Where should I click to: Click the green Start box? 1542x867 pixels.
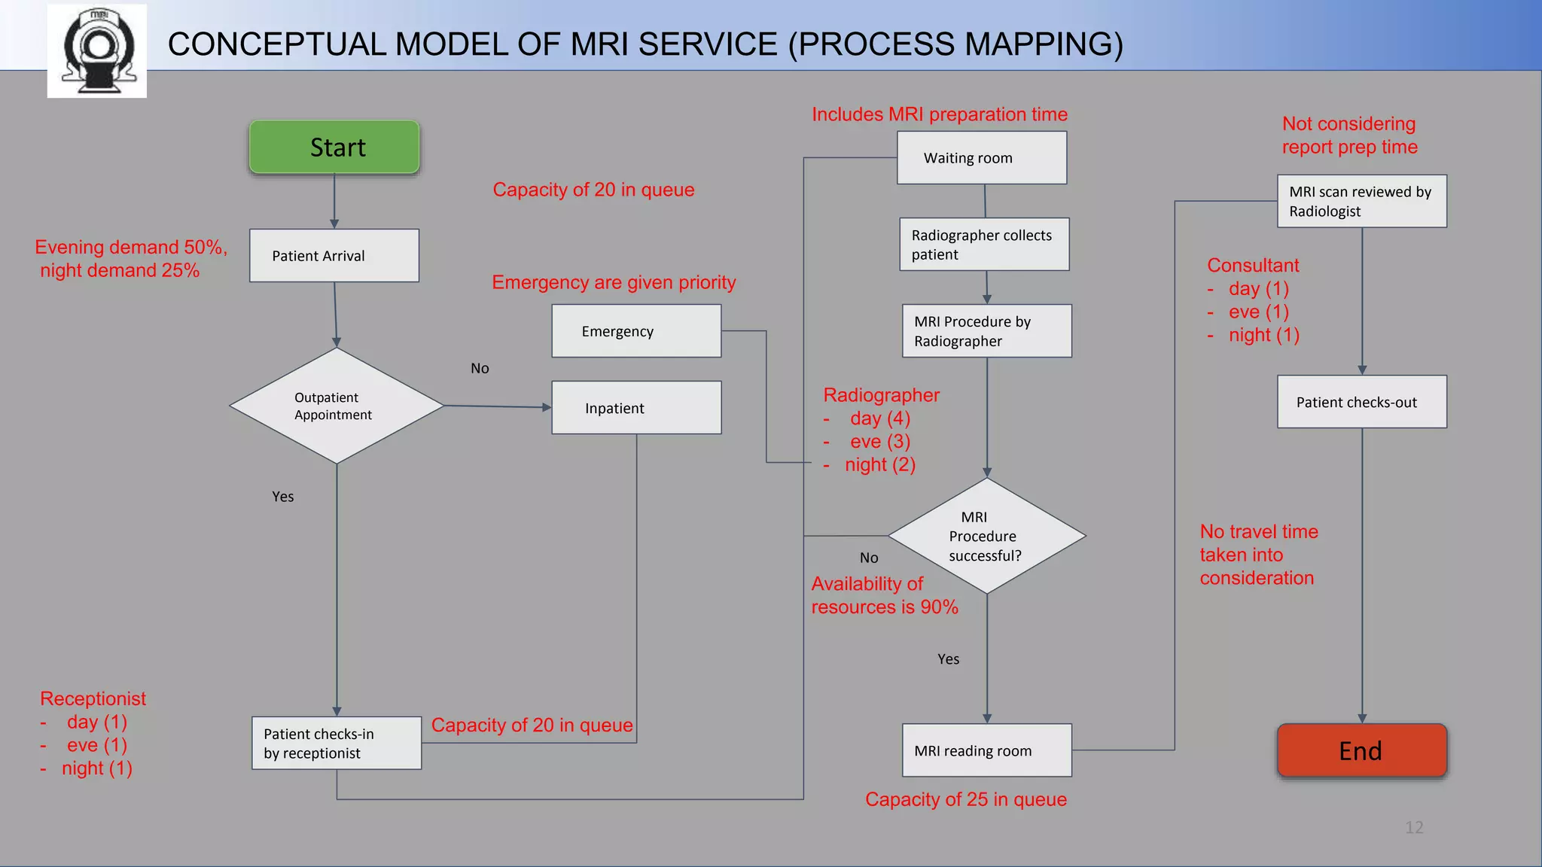334,147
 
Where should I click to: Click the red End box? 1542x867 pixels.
1361,750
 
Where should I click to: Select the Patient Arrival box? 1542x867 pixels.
334,256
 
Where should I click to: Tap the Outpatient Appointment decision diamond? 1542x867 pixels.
336,406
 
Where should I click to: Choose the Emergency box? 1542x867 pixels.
636,331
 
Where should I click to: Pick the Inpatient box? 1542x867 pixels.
636,408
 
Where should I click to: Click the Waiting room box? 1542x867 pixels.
982,158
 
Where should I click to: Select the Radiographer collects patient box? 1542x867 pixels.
984,245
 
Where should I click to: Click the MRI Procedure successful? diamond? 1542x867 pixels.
986,536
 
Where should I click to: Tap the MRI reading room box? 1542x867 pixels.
986,750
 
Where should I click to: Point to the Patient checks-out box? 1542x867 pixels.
1361,402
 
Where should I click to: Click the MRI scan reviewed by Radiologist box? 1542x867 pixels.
1361,202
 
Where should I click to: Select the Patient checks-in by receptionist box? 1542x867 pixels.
337,743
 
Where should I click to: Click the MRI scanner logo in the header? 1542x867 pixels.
97,50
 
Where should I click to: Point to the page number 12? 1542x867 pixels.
1414,828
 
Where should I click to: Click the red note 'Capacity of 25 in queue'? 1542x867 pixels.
965,799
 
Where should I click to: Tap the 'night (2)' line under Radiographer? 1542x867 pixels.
879,464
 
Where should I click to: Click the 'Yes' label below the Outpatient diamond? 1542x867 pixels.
283,497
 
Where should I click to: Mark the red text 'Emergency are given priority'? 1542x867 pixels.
614,282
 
